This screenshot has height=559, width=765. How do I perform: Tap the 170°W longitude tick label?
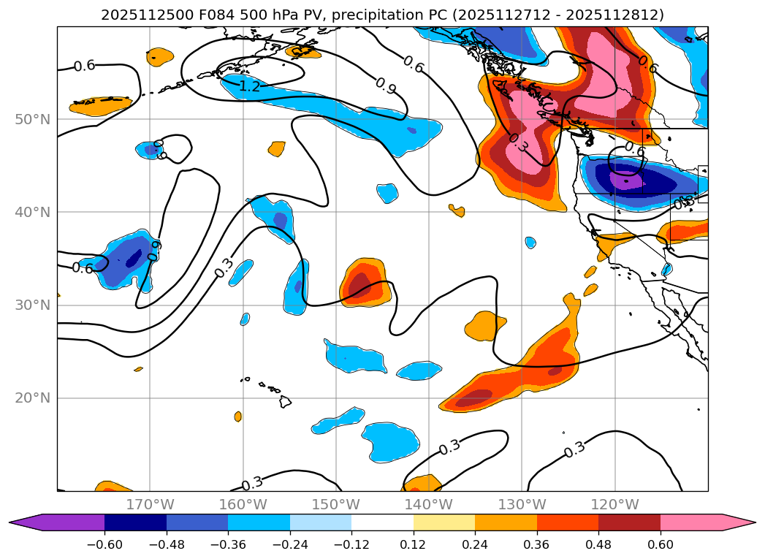click(150, 504)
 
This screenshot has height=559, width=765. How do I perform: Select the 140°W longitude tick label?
click(429, 504)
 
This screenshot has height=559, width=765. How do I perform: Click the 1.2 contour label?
click(250, 87)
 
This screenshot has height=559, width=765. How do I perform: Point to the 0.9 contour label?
click(385, 85)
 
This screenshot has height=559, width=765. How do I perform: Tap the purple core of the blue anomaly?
click(625, 179)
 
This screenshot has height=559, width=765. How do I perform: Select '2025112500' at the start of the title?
click(139, 15)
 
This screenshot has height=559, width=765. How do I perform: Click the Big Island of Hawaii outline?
click(285, 401)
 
